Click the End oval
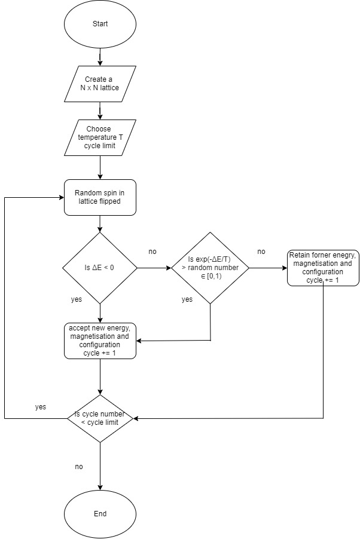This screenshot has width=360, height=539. [x=100, y=513]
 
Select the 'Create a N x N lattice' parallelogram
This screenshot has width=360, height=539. [x=100, y=84]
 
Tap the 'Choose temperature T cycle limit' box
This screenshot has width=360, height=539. [x=100, y=138]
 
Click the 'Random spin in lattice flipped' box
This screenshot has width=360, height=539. [x=100, y=197]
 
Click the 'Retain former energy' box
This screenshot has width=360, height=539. [x=323, y=268]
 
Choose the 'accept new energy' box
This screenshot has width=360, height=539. [x=100, y=341]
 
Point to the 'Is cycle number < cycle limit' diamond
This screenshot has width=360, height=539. [x=100, y=418]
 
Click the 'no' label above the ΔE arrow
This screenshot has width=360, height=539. [x=153, y=252]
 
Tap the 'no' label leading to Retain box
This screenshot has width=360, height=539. [x=261, y=252]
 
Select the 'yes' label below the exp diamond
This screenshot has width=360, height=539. [x=187, y=299]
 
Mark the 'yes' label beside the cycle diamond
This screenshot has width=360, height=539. [x=41, y=406]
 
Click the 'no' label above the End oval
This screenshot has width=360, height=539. [x=79, y=466]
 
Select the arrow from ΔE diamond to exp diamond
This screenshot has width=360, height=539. [x=154, y=268]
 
